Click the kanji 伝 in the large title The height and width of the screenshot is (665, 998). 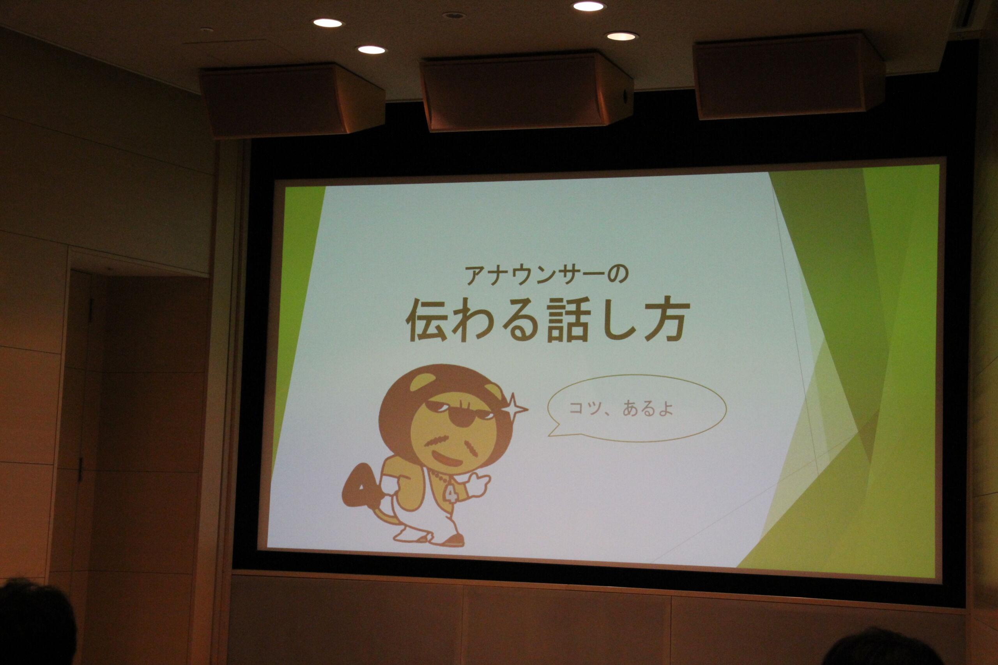[x=427, y=321]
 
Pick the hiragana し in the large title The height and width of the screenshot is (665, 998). [x=618, y=321]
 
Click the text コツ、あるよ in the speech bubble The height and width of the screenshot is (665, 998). [x=621, y=408]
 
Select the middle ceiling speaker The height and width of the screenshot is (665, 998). [x=526, y=91]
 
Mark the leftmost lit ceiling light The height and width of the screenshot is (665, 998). [x=328, y=23]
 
